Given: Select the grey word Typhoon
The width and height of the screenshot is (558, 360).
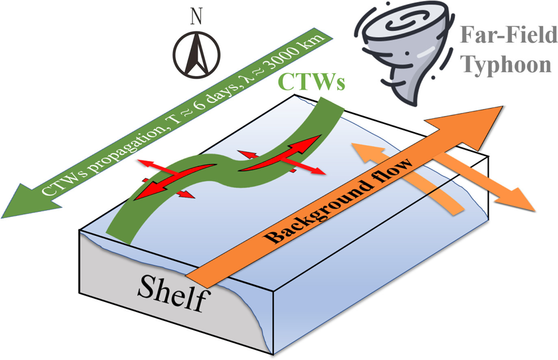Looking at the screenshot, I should [x=508, y=64].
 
